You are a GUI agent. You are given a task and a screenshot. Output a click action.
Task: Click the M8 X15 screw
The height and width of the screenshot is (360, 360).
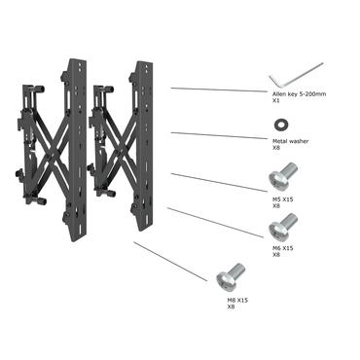click(226, 276)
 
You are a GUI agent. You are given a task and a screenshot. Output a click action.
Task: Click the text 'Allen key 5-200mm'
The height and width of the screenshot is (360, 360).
click(297, 93)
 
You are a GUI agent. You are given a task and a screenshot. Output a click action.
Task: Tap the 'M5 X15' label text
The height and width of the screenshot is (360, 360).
click(281, 199)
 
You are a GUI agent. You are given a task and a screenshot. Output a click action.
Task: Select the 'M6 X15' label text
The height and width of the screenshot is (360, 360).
click(281, 249)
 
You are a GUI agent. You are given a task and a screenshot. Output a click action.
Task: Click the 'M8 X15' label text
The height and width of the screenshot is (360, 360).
click(237, 301)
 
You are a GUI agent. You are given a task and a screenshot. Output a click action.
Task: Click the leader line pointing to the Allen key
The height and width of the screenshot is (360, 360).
click(219, 90)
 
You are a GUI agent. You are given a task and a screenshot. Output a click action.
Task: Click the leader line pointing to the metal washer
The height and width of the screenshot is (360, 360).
click(219, 135)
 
